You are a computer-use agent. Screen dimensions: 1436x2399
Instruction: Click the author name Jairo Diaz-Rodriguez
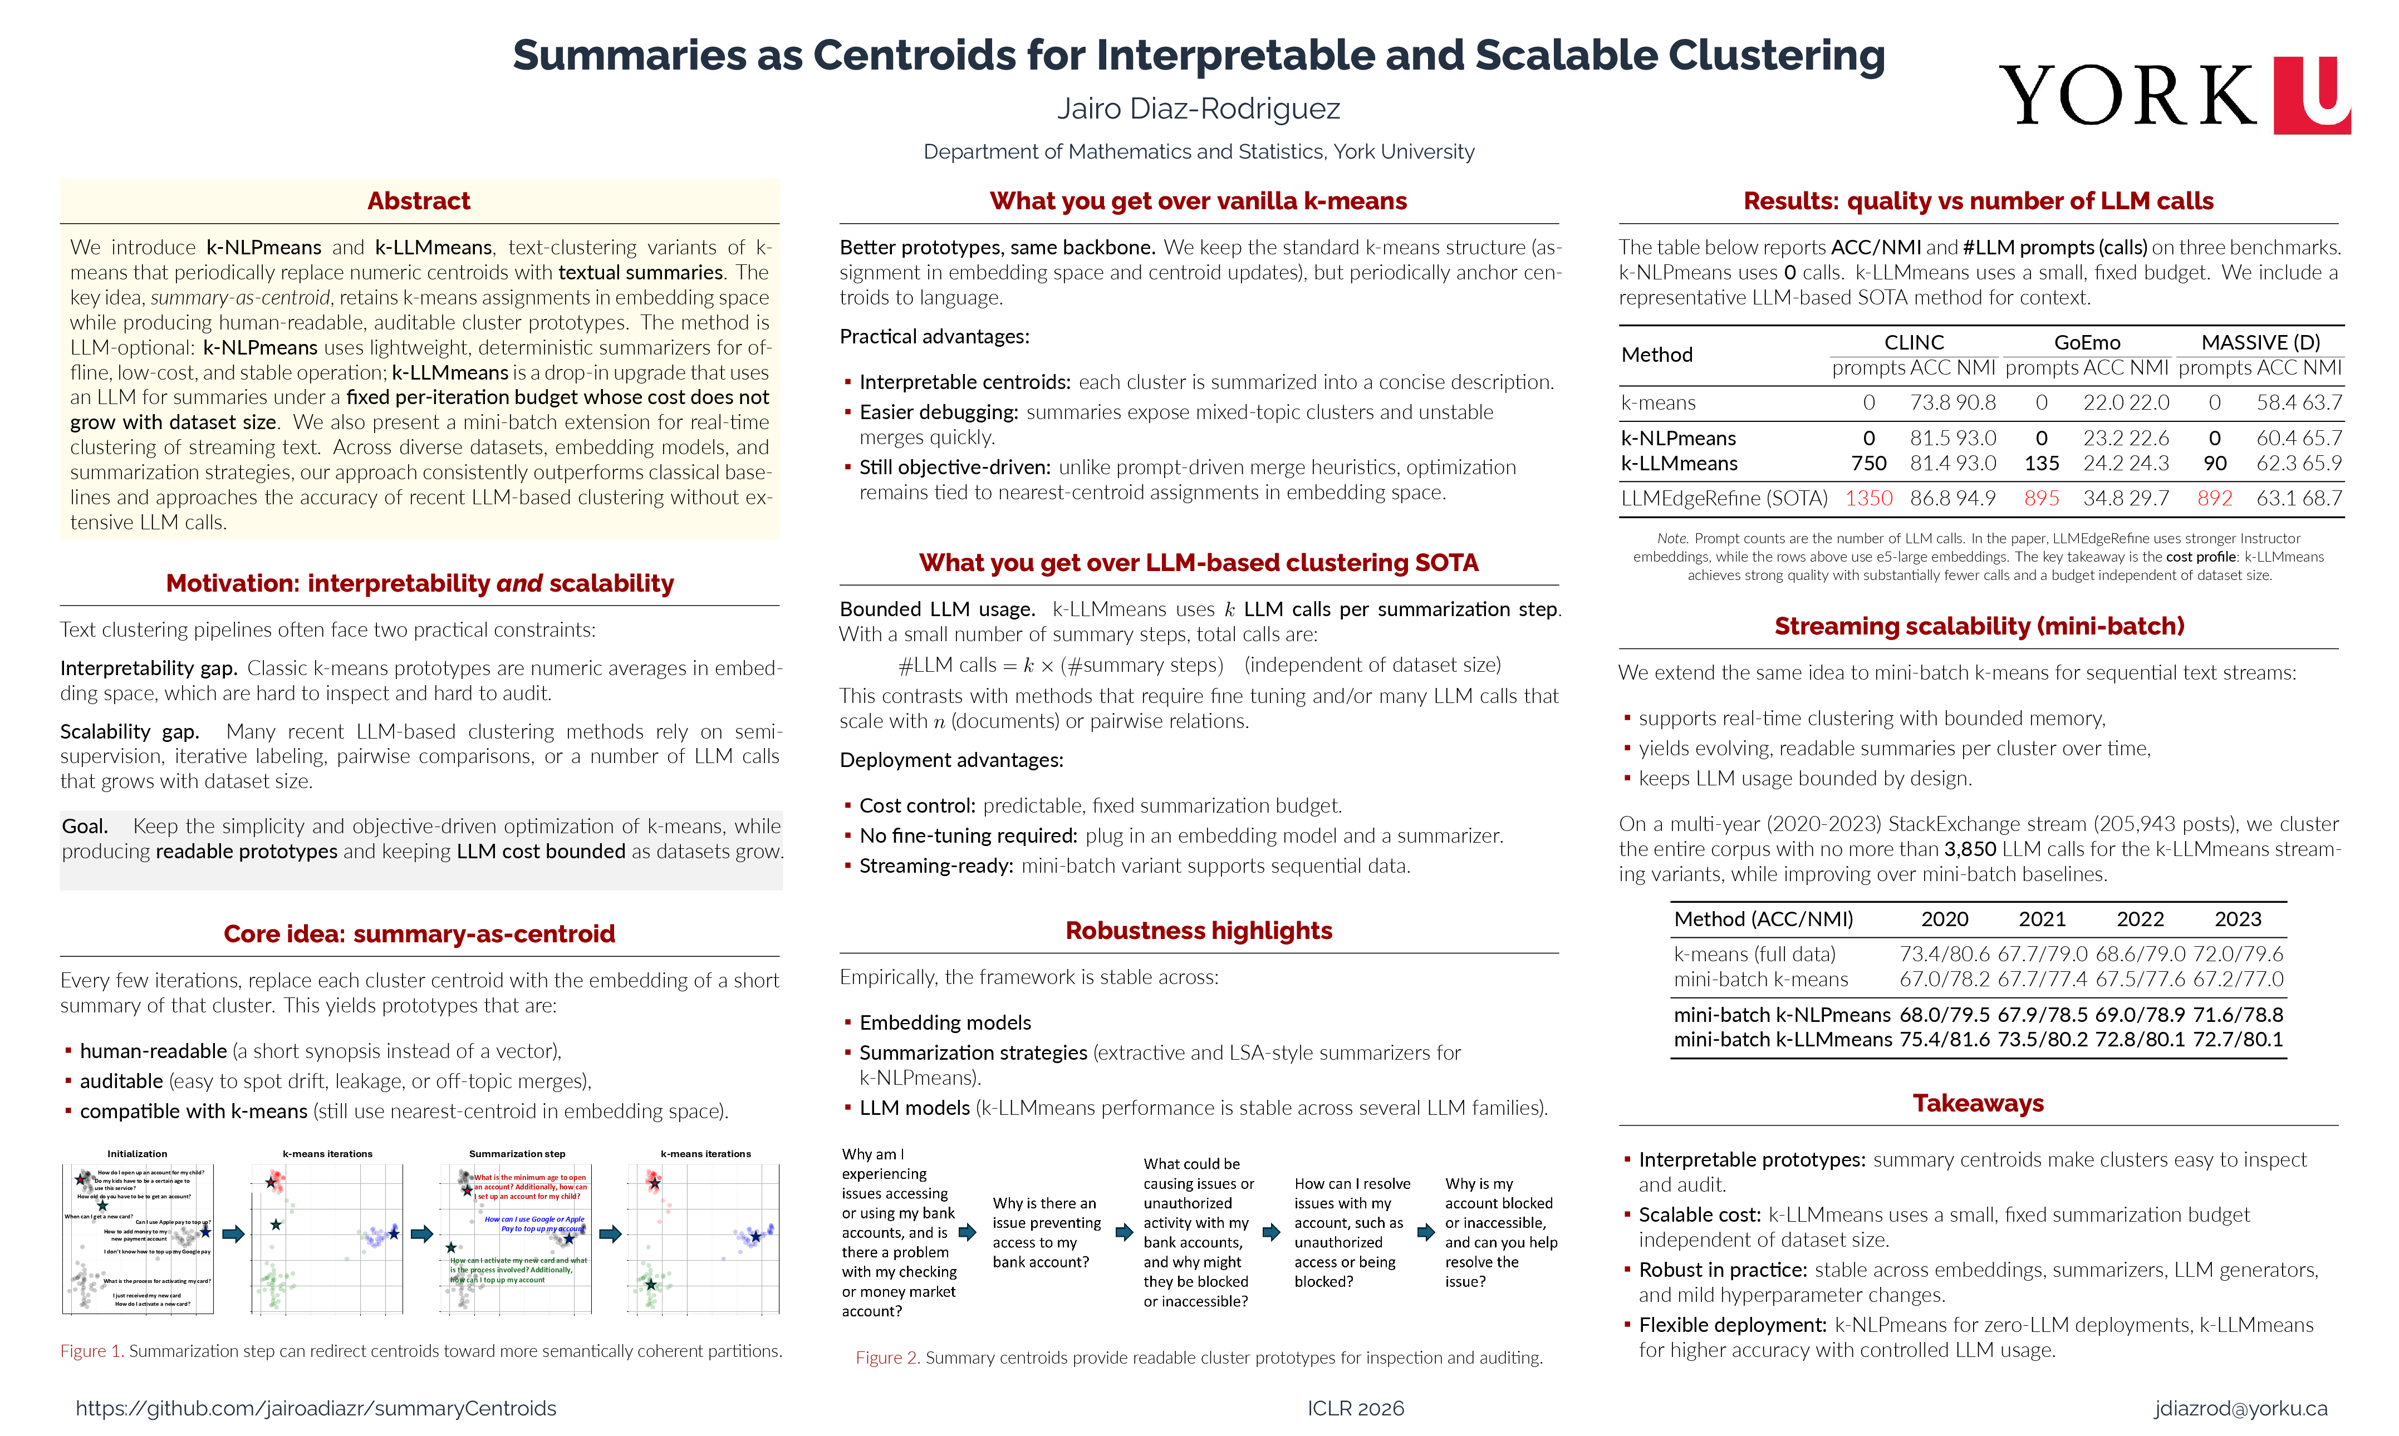point(1198,109)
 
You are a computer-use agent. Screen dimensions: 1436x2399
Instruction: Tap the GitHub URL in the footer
point(316,1408)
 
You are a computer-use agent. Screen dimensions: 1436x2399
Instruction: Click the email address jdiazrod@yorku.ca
point(2240,1408)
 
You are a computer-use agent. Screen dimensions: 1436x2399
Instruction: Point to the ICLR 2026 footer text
point(1355,1408)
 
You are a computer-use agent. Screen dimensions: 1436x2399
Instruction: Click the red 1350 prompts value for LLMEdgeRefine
point(1868,498)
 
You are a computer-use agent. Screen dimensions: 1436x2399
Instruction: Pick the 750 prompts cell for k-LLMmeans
point(1868,464)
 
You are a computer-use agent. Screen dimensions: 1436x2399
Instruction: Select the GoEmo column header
point(2087,342)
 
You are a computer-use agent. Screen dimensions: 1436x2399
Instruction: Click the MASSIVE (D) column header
point(2260,342)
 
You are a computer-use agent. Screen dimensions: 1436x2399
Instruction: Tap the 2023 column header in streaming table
point(2238,919)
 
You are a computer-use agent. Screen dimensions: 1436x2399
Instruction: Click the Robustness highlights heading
point(1198,930)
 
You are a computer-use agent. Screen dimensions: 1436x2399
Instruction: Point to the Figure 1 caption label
point(91,1351)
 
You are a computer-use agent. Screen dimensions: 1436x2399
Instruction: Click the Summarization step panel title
point(517,1153)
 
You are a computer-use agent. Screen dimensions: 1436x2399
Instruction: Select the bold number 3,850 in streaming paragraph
point(1969,849)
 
